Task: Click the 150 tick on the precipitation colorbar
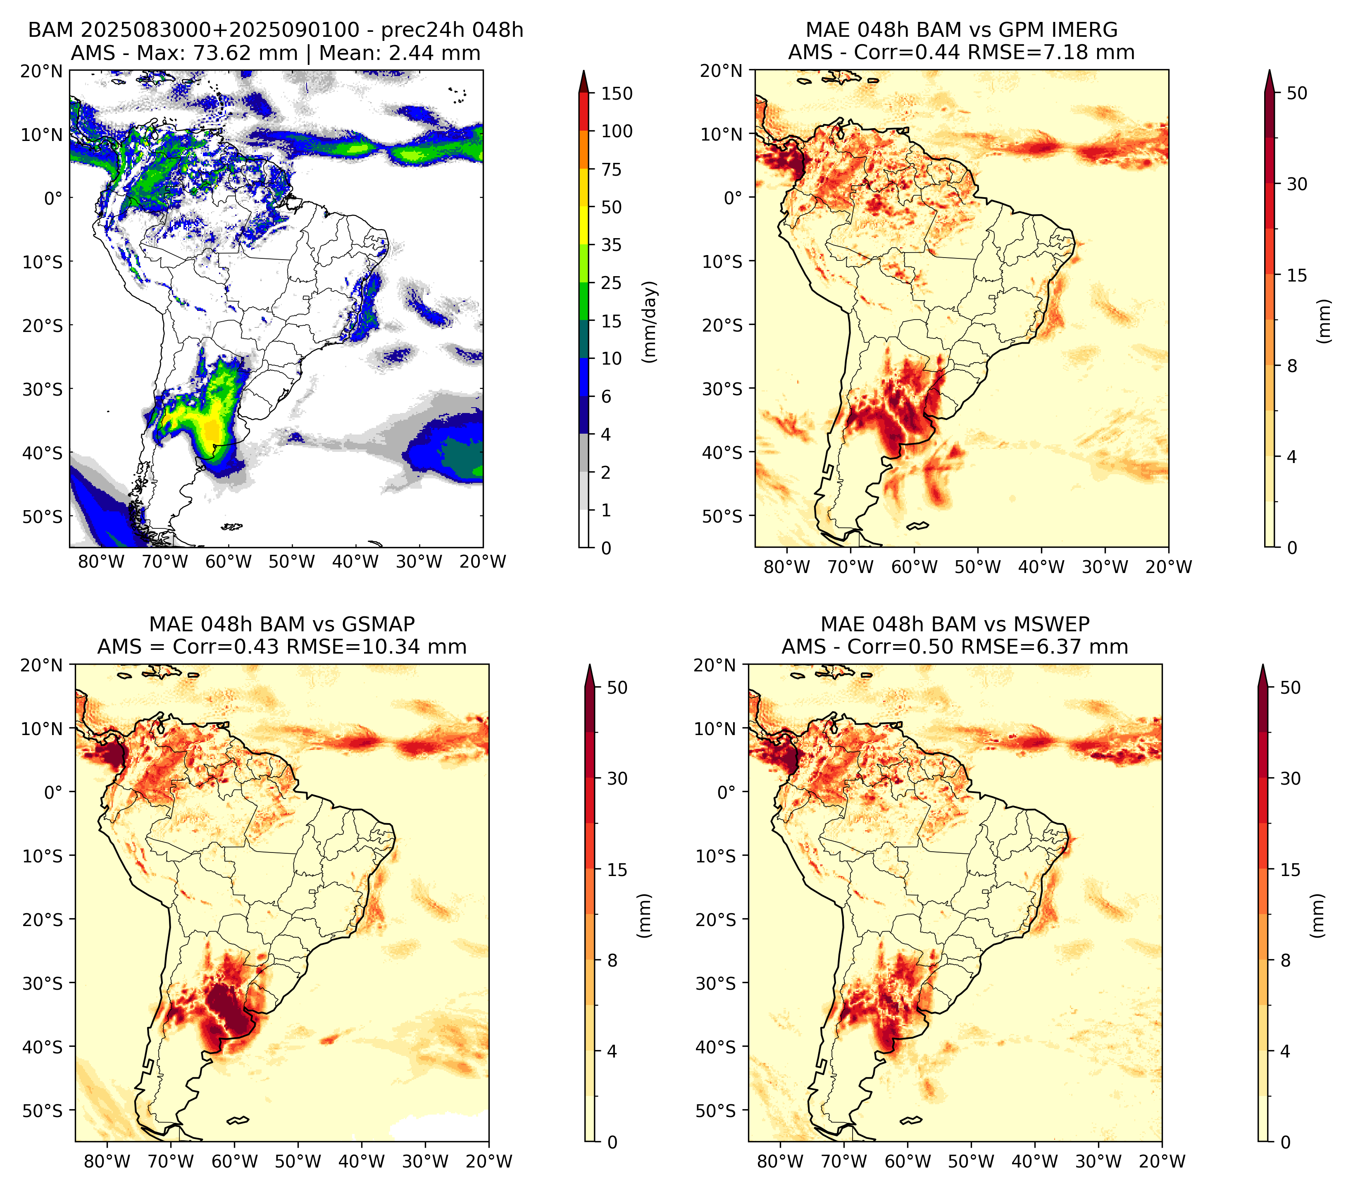616,93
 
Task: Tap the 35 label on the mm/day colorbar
611,245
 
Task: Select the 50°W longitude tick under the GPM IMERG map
978,567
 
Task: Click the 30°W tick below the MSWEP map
1098,1161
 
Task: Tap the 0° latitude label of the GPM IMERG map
732,197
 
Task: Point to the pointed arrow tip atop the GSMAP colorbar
589,665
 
